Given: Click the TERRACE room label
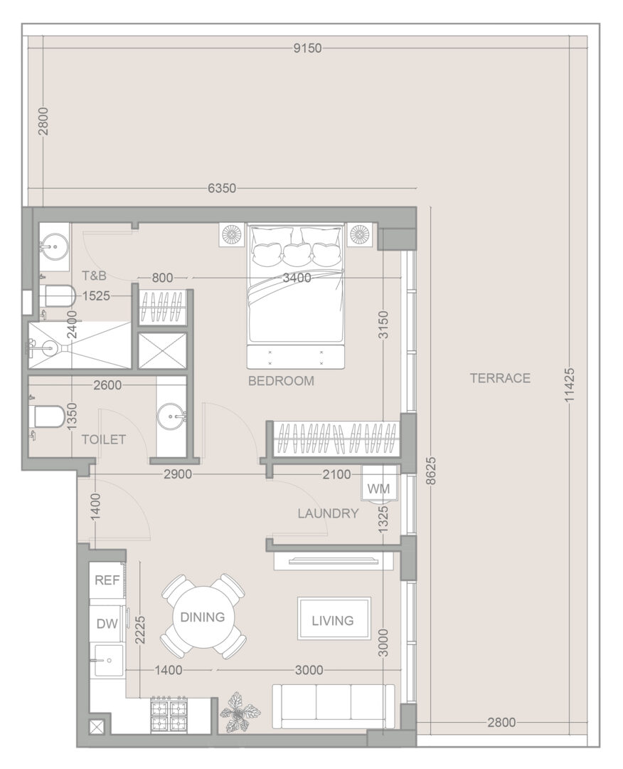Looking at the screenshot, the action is pos(500,378).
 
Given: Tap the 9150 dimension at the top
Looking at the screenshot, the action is pos(307,48).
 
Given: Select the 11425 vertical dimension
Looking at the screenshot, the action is pos(569,385).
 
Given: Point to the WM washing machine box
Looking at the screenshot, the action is pos(378,488).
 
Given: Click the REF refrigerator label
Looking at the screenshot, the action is pos(107,580).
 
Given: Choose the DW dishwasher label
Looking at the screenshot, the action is pos(107,623).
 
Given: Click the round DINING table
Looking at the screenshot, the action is pos(202,617).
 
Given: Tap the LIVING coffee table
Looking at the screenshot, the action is pos(334,619).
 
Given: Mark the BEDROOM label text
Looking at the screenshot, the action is pos(281,381).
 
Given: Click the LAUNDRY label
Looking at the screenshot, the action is pos(328,513).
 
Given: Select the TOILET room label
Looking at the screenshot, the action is pos(104,439).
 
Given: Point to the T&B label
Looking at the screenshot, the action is pos(94,276).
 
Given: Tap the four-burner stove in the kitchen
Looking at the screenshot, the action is pos(169,714).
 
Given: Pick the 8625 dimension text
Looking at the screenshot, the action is pos(431,471).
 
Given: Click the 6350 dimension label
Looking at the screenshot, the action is pos(222,188).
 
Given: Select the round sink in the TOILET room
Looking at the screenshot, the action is pos(171,417).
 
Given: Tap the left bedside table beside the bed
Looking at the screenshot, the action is pos(232,235).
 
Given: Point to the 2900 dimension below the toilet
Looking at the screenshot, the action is pos(178,474).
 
